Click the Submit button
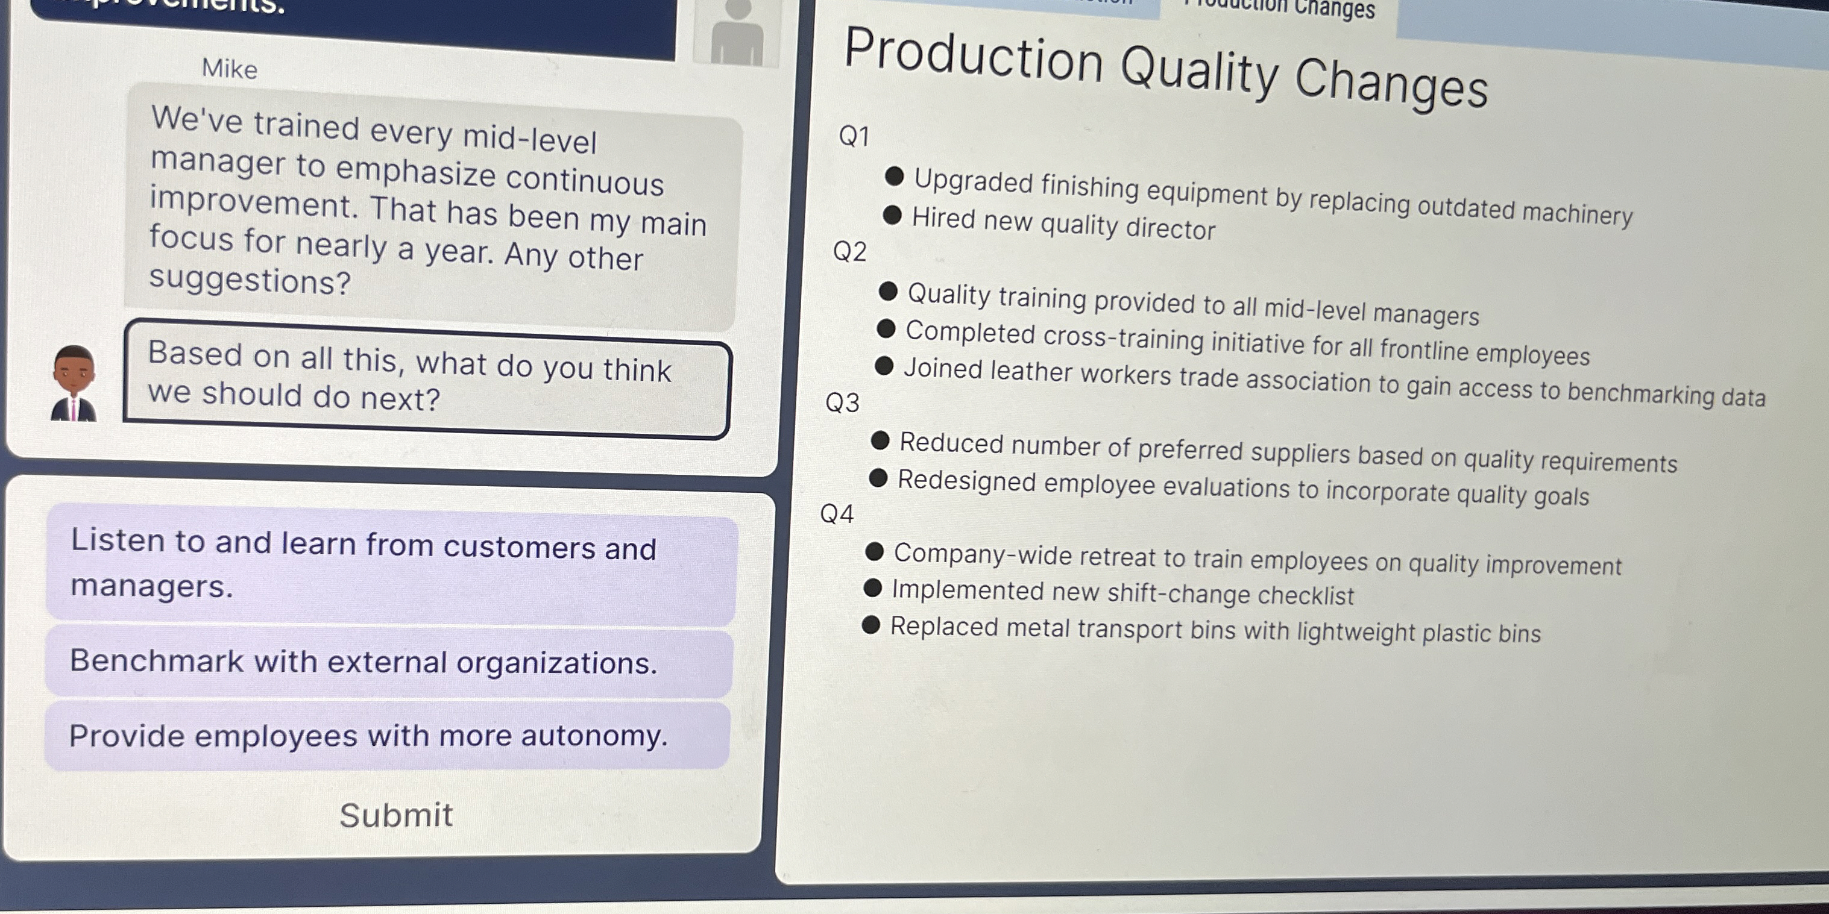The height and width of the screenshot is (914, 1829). tap(395, 815)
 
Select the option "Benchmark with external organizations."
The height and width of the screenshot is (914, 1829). tap(364, 662)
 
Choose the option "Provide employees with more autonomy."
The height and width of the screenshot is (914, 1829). tap(368, 735)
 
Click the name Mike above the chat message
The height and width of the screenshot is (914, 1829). tap(229, 69)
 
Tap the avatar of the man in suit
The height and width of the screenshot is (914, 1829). tap(74, 384)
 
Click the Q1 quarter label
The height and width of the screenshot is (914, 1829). tap(854, 136)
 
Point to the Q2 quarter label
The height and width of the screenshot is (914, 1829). tap(850, 252)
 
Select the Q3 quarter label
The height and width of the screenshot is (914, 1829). tap(843, 403)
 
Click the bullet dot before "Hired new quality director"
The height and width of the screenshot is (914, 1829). tap(892, 215)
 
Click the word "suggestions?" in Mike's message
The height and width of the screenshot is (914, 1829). tap(250, 281)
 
